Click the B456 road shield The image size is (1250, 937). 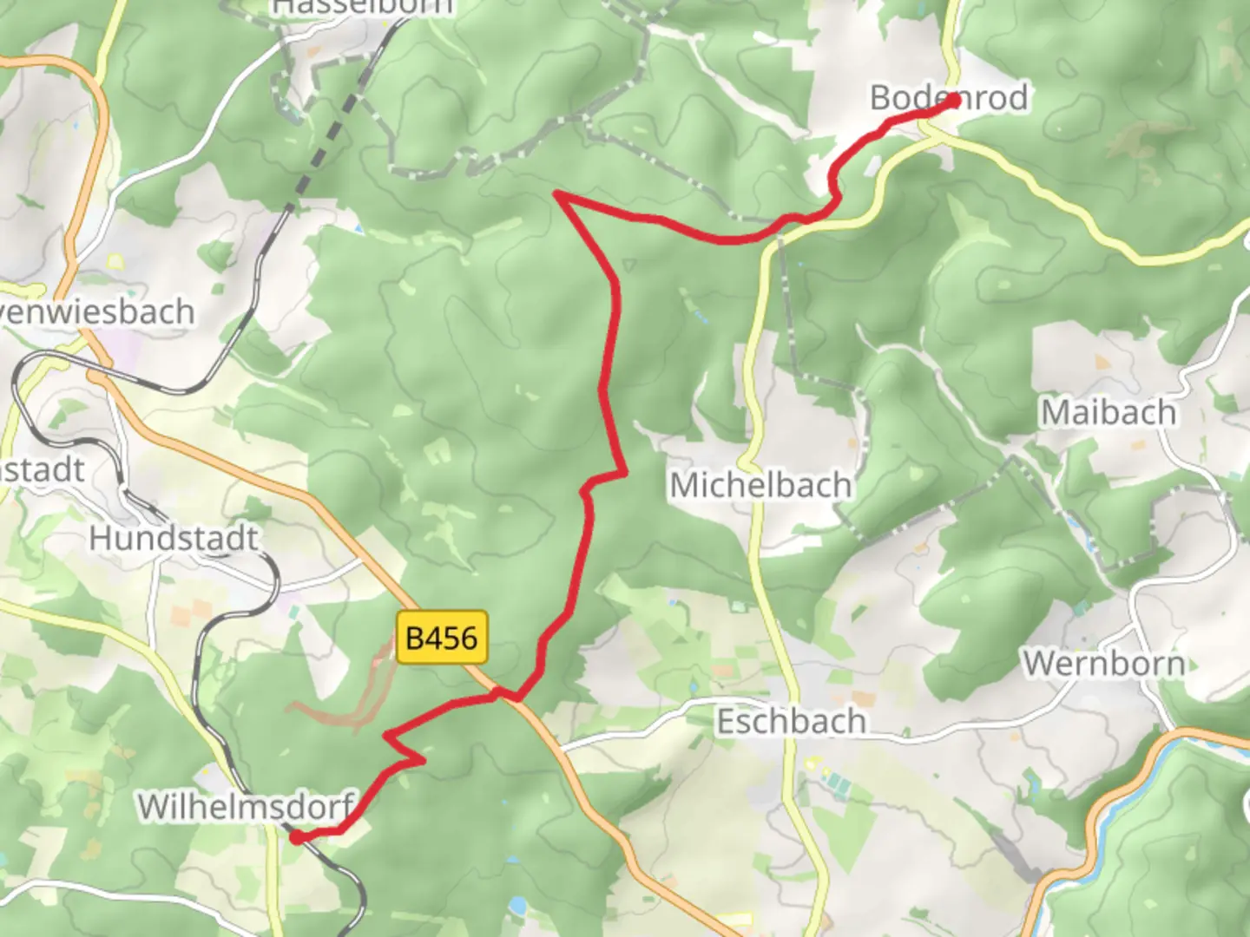442,638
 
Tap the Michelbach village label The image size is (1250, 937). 760,484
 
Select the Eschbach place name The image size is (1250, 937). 791,721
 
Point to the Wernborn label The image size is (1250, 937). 1103,664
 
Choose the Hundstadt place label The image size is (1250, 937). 174,538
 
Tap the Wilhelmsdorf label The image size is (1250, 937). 247,806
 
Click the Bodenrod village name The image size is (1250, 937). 949,97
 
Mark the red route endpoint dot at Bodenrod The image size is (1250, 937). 953,101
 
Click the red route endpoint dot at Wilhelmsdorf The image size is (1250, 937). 296,837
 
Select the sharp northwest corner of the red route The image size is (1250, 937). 558,196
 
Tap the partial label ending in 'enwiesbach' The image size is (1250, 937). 97,311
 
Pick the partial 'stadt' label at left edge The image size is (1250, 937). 43,470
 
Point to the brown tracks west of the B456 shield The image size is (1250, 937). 347,694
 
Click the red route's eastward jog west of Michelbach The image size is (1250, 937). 608,476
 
